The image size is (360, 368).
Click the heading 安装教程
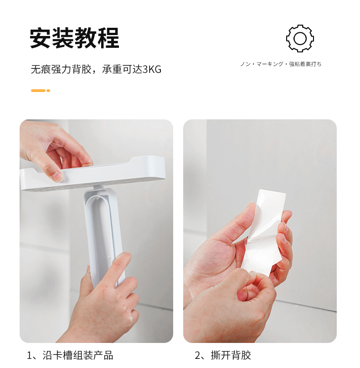point(74,38)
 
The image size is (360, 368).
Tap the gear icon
point(300,38)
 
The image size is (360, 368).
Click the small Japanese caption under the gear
point(281,64)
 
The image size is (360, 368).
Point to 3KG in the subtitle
point(152,70)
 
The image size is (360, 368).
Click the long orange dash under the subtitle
point(38,91)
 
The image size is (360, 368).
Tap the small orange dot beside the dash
point(48,91)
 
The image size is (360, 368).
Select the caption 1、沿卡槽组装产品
point(70,355)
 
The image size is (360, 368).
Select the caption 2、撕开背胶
point(223,355)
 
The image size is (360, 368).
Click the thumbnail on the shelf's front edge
point(57,176)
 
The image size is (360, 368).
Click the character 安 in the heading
point(40,38)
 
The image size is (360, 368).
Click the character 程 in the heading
point(108,38)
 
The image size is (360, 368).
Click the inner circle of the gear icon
point(300,38)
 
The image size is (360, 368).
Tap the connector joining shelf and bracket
point(99,187)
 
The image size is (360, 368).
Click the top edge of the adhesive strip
point(273,191)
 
